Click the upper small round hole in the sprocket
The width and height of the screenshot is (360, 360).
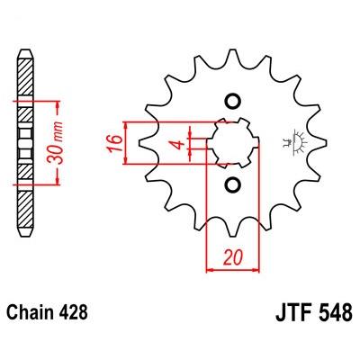pos(232,102)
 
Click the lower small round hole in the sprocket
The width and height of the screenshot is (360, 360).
pos(232,184)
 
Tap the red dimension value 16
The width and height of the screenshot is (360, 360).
pos(113,143)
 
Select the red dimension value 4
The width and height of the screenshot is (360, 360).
pos(179,144)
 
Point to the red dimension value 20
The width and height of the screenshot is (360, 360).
pos(232,257)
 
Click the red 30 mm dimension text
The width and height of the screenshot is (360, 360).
pos(56,143)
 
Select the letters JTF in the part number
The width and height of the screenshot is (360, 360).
pos(295,312)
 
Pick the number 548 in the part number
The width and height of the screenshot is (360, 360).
pos(336,312)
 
